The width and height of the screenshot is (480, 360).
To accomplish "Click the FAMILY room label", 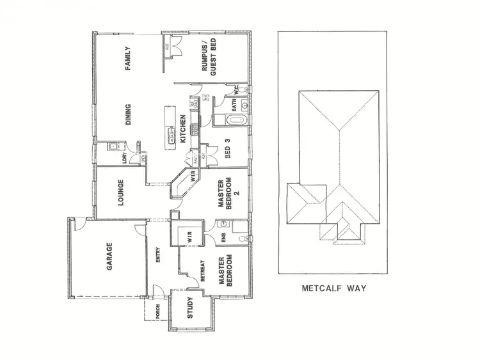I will click(128, 58).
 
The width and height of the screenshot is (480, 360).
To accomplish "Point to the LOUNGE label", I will click(120, 192).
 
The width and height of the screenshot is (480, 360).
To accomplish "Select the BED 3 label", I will click(228, 153).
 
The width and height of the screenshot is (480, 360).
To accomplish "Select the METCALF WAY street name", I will click(333, 289).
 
